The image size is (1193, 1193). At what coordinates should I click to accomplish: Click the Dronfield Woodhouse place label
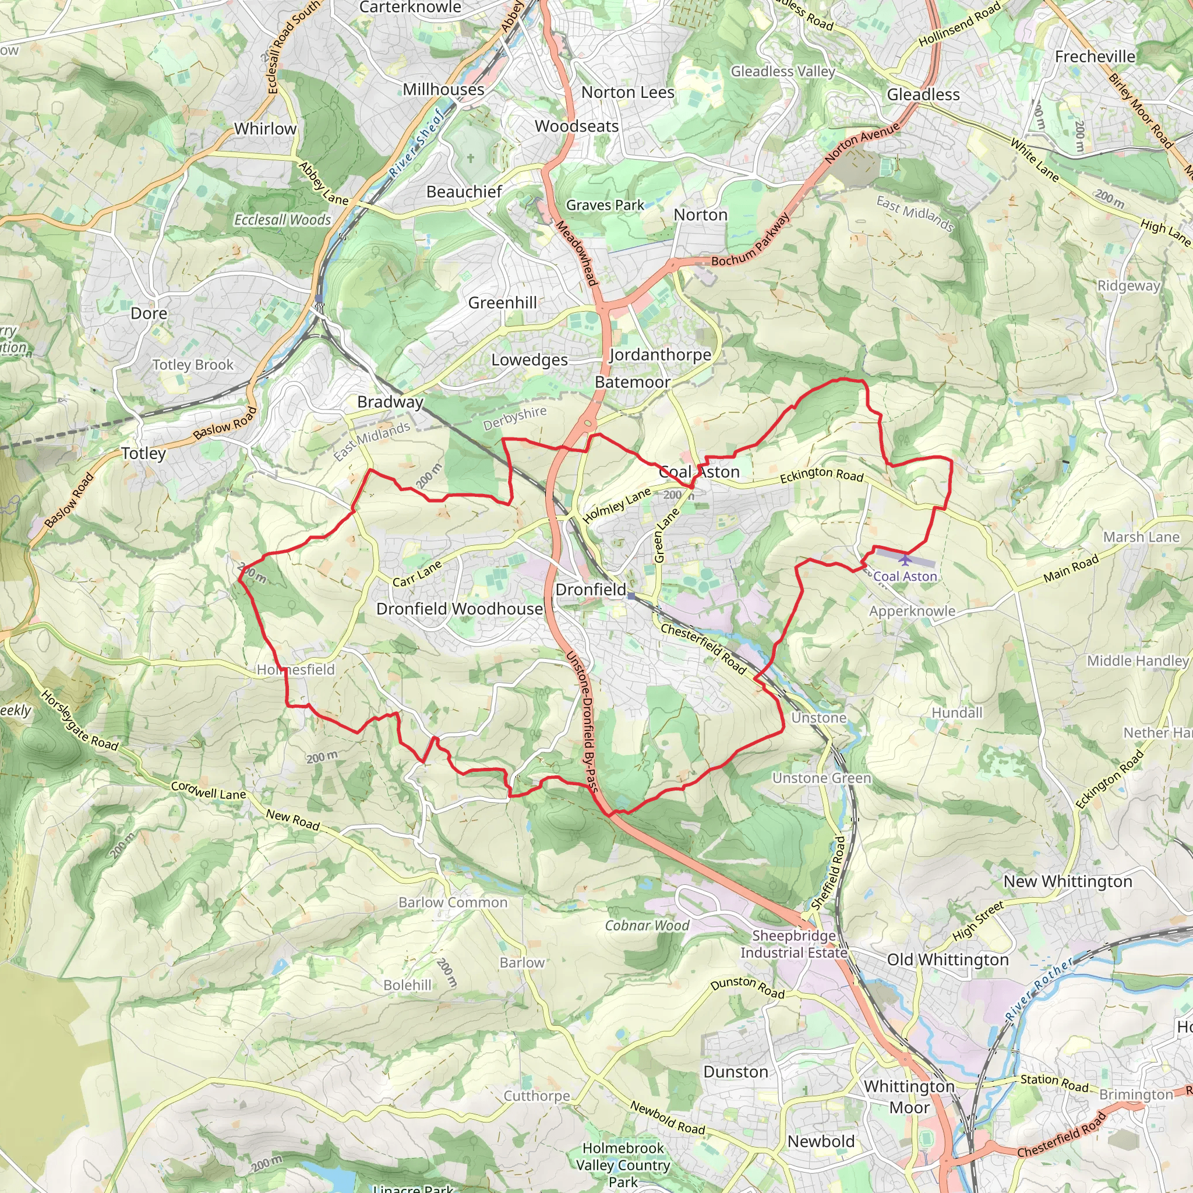click(x=460, y=609)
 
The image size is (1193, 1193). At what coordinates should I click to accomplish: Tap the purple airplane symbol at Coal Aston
click(x=905, y=560)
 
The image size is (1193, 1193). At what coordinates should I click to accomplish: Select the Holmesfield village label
click(x=296, y=669)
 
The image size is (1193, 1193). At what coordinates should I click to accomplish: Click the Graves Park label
click(x=605, y=205)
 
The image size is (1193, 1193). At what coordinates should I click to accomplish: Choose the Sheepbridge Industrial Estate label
click(x=793, y=944)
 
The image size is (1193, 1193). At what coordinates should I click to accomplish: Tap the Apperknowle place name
click(x=912, y=611)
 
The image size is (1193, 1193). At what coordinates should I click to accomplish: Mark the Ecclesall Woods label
click(x=282, y=220)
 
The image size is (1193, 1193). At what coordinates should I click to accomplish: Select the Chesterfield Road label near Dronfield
click(x=703, y=648)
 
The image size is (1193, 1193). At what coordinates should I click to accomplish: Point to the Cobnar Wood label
click(x=647, y=926)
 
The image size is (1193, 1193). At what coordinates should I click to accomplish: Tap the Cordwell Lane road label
click(x=208, y=790)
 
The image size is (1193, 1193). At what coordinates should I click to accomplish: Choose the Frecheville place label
click(x=1094, y=57)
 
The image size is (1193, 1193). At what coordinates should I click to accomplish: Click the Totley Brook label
click(x=193, y=365)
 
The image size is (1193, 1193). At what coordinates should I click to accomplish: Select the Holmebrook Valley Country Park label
click(x=623, y=1164)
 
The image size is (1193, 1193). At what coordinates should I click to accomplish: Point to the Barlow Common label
click(x=453, y=902)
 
